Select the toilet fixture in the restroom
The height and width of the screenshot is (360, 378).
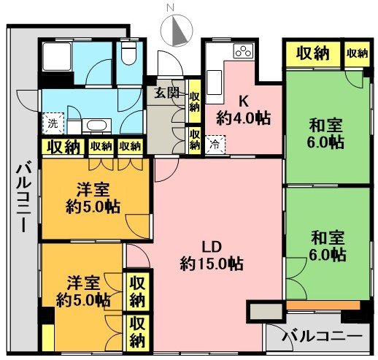pyautogui.click(x=129, y=52)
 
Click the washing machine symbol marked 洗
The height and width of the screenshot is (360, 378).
pyautogui.click(x=53, y=123)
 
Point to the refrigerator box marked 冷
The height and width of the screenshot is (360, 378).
pyautogui.click(x=215, y=145)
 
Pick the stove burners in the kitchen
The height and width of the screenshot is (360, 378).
pyautogui.click(x=242, y=52)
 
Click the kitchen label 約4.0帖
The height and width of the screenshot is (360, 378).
pyautogui.click(x=244, y=117)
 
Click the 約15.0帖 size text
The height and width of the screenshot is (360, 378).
pyautogui.click(x=212, y=263)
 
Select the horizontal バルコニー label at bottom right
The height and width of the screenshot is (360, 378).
pyautogui.click(x=321, y=337)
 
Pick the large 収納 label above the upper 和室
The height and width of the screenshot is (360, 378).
pyautogui.click(x=312, y=53)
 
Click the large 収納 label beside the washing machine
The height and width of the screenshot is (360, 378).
pyautogui.click(x=64, y=147)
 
